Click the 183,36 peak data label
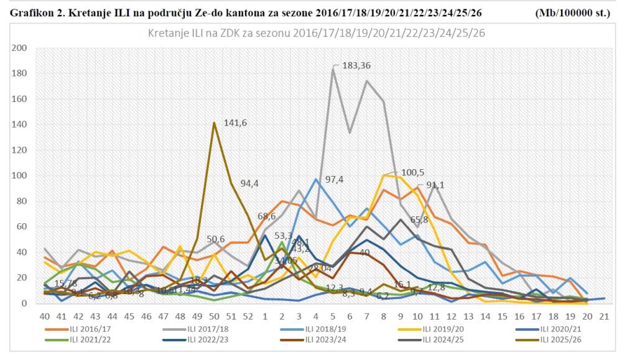pyautogui.click(x=357, y=65)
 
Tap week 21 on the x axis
pyautogui.click(x=603, y=316)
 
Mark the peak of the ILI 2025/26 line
pyautogui.click(x=215, y=122)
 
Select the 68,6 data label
pyautogui.click(x=267, y=216)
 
